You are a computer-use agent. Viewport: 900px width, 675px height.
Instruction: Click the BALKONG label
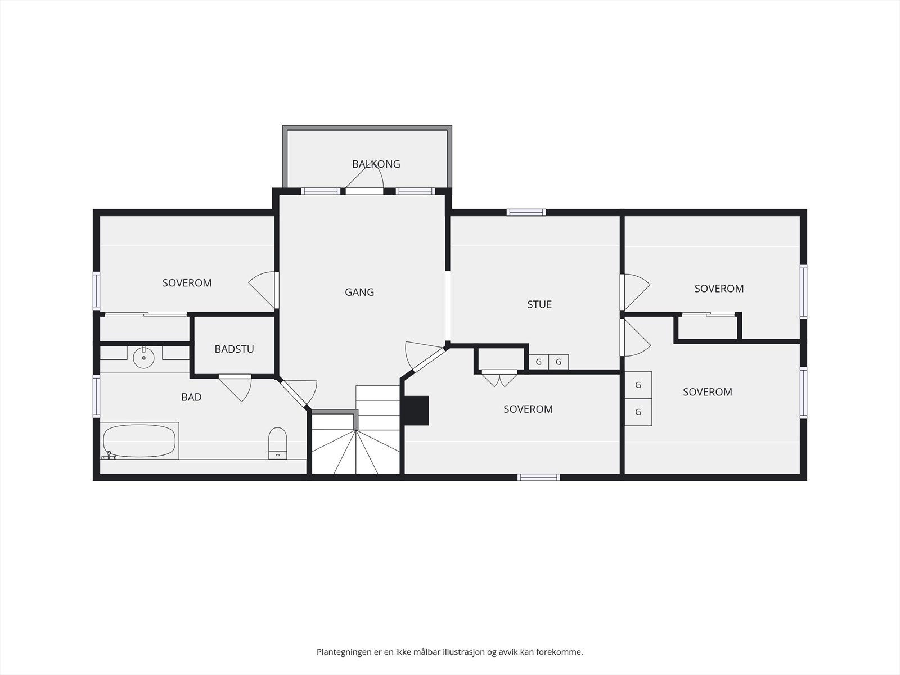(376, 164)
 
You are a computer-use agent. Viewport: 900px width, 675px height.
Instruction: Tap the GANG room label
(359, 292)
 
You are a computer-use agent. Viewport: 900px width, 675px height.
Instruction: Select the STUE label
(539, 304)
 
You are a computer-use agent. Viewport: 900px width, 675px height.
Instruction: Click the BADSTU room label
(234, 349)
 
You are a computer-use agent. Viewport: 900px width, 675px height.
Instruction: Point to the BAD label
(191, 397)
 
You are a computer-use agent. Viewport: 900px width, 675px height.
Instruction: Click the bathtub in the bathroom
(139, 441)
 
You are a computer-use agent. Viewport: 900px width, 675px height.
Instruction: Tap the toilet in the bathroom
(277, 443)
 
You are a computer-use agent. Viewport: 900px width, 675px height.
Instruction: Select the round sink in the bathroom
(143, 358)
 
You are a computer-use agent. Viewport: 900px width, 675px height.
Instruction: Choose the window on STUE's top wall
(526, 212)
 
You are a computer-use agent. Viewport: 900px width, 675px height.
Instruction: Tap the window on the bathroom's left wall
(96, 397)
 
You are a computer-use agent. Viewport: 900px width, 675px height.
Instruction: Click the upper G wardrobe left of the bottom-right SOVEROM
(638, 385)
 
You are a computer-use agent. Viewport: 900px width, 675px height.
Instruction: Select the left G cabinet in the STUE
(539, 362)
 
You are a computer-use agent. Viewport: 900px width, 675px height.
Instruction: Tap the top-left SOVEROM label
(187, 283)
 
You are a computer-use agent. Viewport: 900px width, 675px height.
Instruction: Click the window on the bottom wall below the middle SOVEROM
(538, 478)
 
